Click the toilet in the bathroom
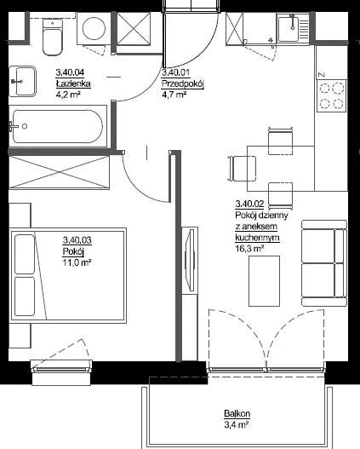(x=52, y=37)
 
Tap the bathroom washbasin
(x=23, y=81)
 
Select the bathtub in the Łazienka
(x=58, y=126)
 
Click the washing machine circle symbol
(x=94, y=28)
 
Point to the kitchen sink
(x=294, y=28)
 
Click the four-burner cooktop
(x=331, y=96)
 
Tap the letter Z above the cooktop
(x=322, y=75)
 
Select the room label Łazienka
(x=73, y=83)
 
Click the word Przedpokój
(x=183, y=84)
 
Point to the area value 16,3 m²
(x=249, y=248)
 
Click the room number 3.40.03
(x=77, y=239)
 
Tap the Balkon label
(x=237, y=413)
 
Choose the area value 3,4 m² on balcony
(x=236, y=424)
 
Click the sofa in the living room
(x=324, y=263)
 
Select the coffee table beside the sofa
(x=264, y=281)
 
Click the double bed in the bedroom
(x=68, y=275)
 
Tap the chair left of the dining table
(x=242, y=169)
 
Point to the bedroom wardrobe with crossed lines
(x=60, y=172)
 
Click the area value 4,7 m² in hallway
(x=174, y=95)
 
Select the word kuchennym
(x=257, y=238)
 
